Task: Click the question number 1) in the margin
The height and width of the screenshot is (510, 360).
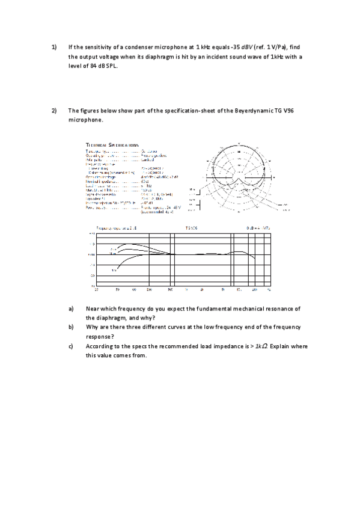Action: tap(53, 46)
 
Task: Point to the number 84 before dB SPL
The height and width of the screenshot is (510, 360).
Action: tap(94, 66)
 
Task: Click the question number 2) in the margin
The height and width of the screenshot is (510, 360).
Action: tap(53, 111)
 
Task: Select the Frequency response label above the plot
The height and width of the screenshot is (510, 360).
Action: tap(117, 228)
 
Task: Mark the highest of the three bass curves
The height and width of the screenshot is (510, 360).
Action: tap(126, 245)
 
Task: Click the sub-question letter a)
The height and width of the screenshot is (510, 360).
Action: tap(71, 309)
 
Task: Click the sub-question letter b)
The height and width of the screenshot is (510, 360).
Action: tap(71, 327)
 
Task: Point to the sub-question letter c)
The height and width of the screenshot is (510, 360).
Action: tap(71, 346)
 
